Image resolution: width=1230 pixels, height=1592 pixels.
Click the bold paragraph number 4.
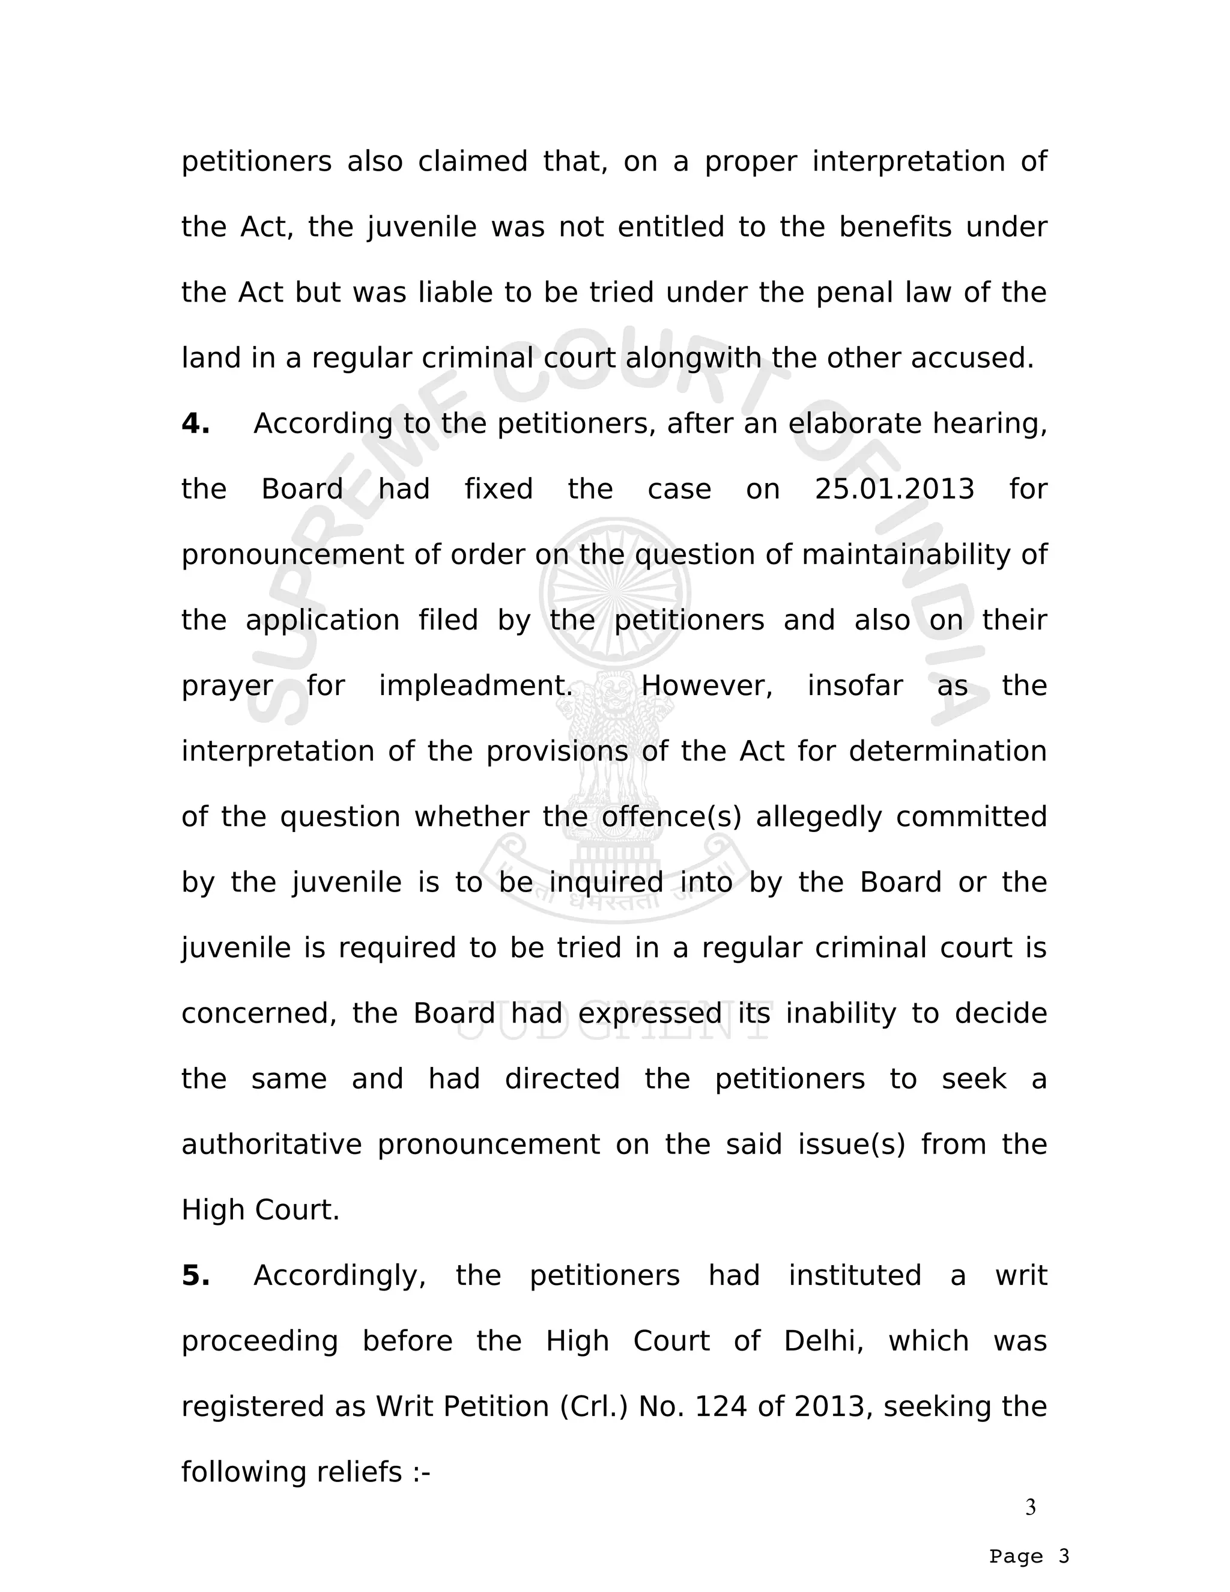[x=195, y=424]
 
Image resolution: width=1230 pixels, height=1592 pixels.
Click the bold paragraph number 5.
[x=195, y=1275]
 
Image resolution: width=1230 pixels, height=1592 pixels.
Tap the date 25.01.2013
[x=894, y=489]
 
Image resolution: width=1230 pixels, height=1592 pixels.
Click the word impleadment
[x=476, y=686]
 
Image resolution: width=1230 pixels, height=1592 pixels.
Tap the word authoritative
[x=271, y=1144]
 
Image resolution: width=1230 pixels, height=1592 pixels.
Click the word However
[x=706, y=686]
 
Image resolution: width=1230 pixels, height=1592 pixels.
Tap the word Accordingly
[x=339, y=1275]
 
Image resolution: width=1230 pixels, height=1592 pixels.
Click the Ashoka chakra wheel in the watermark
[x=615, y=594]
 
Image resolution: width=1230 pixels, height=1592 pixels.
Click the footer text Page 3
[x=1029, y=1557]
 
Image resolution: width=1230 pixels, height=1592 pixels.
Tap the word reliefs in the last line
[x=359, y=1472]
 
